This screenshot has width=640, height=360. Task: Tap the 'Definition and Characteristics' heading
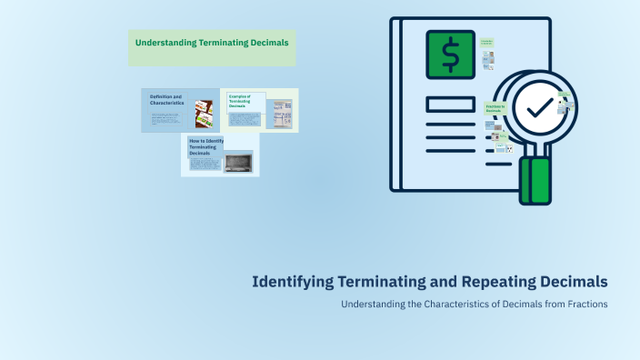167,100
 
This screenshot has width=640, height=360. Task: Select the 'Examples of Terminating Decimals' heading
241,101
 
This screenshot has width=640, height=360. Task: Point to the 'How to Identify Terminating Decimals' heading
205,147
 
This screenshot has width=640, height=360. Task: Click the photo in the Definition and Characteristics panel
204,114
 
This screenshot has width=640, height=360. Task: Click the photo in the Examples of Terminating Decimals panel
282,114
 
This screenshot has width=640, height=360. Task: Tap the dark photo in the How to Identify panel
239,162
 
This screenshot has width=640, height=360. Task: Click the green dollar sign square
450,54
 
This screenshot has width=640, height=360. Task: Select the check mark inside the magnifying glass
539,107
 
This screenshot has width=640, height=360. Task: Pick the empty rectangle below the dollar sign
450,104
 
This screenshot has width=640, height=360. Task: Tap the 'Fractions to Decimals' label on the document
495,109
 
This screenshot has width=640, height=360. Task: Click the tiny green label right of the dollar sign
487,43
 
